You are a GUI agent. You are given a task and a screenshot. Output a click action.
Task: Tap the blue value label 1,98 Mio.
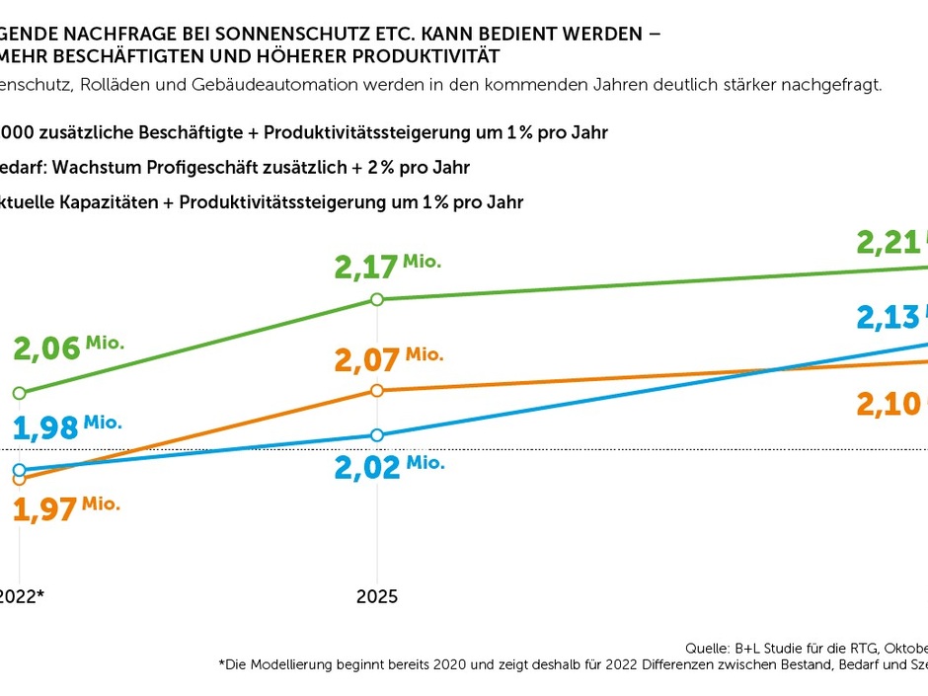click(x=66, y=426)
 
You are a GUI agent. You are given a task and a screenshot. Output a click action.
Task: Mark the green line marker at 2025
click(x=376, y=299)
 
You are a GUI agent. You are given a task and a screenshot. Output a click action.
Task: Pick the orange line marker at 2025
click(x=376, y=390)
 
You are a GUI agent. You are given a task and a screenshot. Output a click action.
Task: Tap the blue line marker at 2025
click(x=376, y=435)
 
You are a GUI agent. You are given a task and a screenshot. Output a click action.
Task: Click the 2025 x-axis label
click(x=376, y=596)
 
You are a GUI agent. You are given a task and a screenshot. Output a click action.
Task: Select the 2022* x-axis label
click(x=22, y=596)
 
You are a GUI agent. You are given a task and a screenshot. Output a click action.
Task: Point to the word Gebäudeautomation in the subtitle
click(x=262, y=85)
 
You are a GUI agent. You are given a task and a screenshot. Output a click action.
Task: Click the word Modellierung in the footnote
click(x=295, y=666)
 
